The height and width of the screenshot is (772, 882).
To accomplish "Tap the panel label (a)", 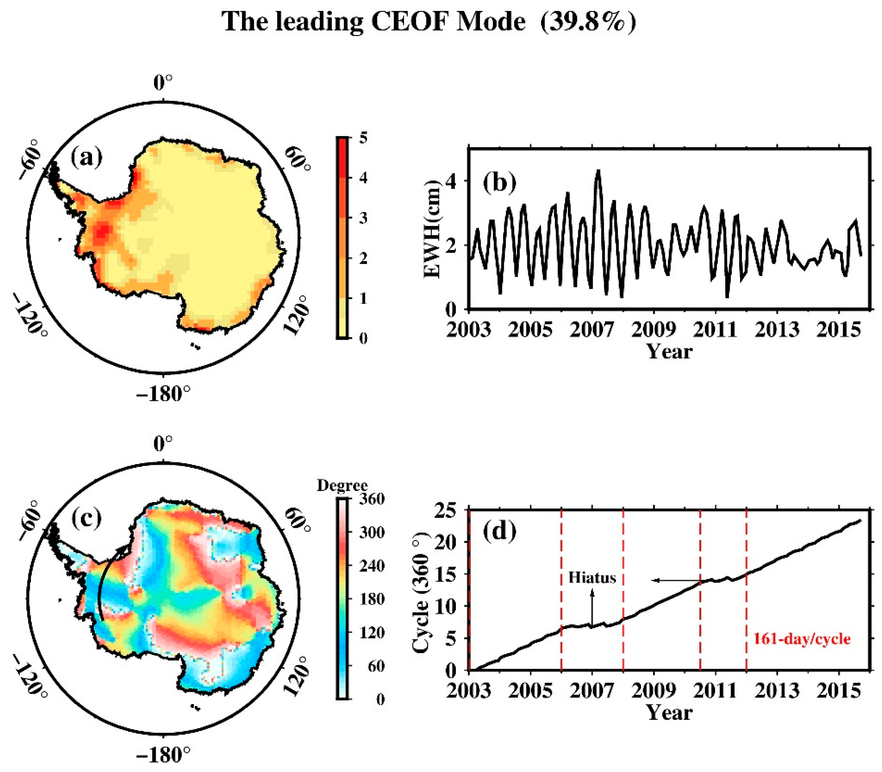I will coord(87,158).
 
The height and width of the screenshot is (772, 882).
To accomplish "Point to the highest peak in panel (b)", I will coord(598,171).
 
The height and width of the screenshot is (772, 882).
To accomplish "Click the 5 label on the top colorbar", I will coord(363,138).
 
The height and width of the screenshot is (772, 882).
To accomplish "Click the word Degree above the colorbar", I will coord(342,485).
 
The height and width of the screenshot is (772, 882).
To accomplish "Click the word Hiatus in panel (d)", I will coord(592,577).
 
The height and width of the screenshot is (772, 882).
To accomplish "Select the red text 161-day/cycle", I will coord(802,639).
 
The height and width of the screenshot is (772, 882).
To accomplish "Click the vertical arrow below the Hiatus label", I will coord(592,607).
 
